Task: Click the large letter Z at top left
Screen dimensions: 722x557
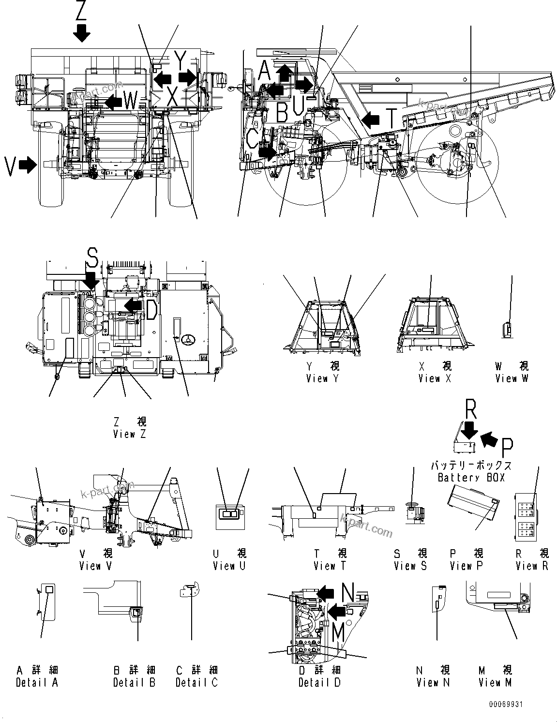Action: pos(81,11)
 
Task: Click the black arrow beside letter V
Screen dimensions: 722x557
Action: pos(29,165)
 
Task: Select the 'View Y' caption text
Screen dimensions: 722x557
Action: pos(322,378)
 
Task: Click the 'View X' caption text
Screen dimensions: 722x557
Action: pos(435,378)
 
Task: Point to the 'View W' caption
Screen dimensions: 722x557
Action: pos(512,378)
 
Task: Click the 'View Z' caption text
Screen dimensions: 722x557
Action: pos(130,434)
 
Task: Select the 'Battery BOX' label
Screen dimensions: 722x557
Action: pos(471,478)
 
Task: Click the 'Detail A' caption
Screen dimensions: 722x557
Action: pos(37,682)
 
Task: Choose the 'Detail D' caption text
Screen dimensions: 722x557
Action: pos(319,682)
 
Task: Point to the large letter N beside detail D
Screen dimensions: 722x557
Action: pos(347,591)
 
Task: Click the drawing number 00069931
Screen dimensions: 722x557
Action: pos(505,705)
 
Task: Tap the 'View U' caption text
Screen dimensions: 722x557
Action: pos(229,565)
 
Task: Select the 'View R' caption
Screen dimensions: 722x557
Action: pos(532,565)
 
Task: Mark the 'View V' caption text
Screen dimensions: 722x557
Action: pos(96,565)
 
